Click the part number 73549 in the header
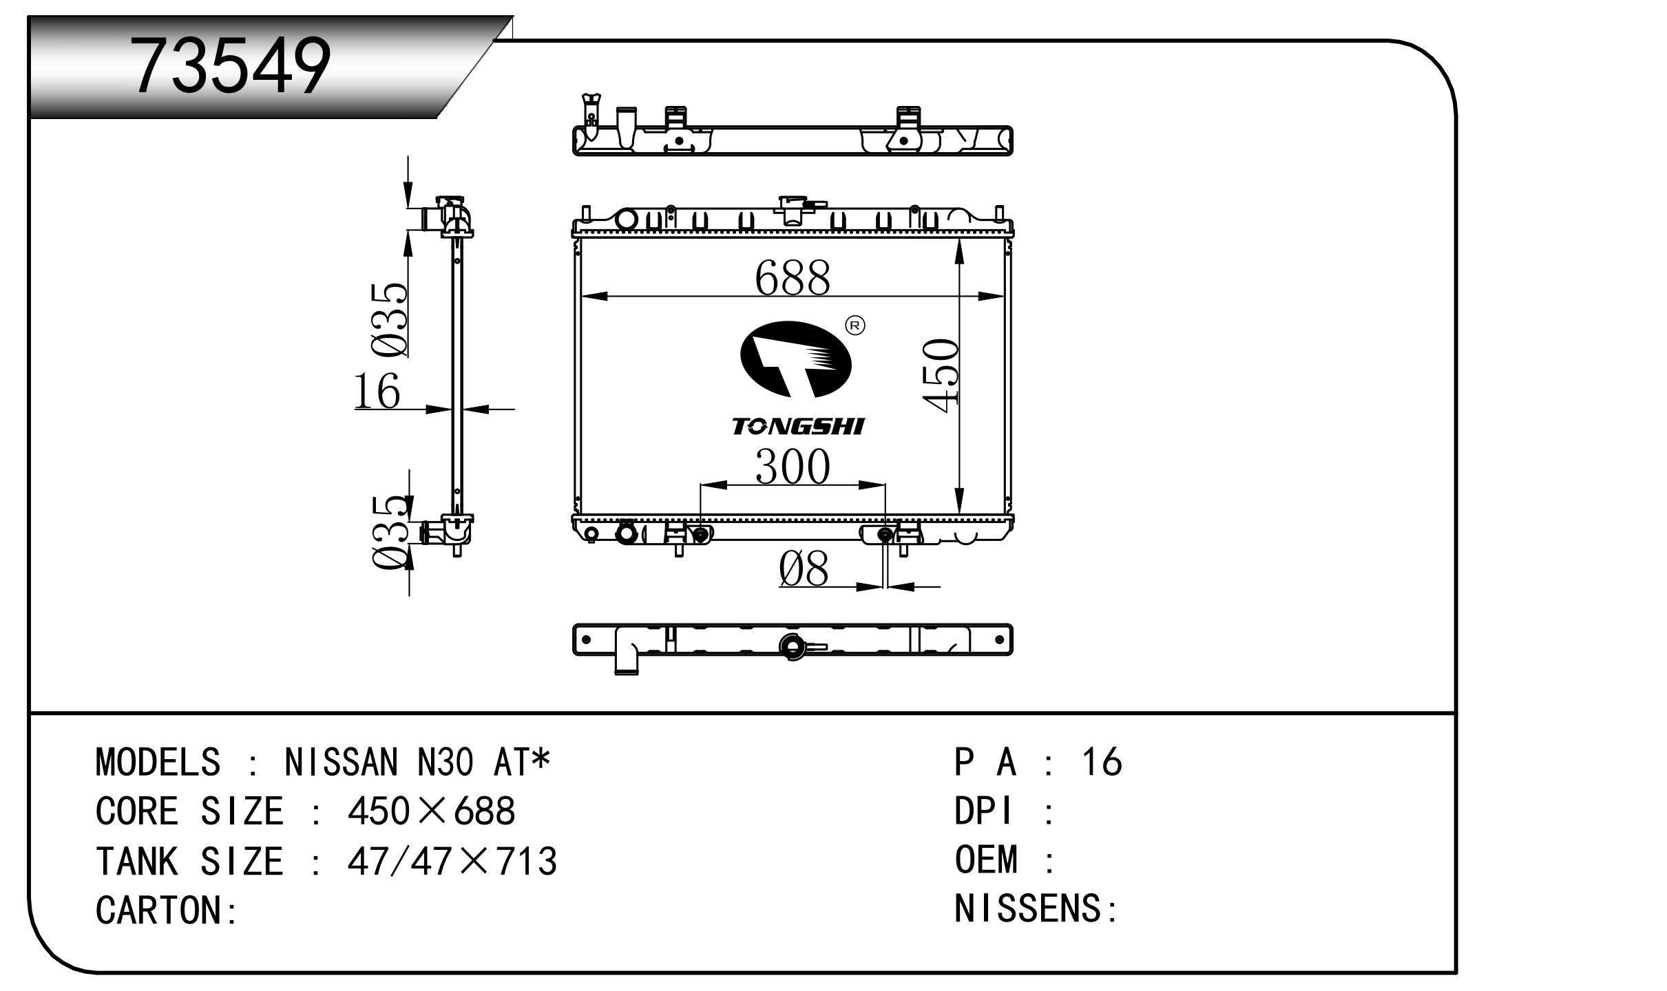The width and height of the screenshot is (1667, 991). pyautogui.click(x=231, y=65)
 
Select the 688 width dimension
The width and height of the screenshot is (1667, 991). pyautogui.click(x=793, y=278)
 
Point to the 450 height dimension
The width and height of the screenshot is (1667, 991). pyautogui.click(x=941, y=376)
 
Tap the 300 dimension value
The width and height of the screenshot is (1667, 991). pyautogui.click(x=793, y=467)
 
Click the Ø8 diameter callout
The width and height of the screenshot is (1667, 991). pyautogui.click(x=804, y=569)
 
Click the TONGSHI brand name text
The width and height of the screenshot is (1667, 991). pyautogui.click(x=797, y=427)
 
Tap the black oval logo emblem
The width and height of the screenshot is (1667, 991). pyautogui.click(x=795, y=359)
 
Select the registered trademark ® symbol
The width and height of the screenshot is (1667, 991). pyautogui.click(x=855, y=326)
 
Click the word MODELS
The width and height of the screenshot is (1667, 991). pyautogui.click(x=158, y=762)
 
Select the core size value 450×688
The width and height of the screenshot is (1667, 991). pyautogui.click(x=432, y=811)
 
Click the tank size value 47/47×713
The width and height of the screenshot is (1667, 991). pyautogui.click(x=452, y=861)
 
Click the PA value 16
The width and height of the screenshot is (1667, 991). pyautogui.click(x=1102, y=762)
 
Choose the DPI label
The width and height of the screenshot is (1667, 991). pyautogui.click(x=983, y=811)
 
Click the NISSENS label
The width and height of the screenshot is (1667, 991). pyautogui.click(x=1029, y=908)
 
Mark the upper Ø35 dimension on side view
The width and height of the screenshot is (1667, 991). pyautogui.click(x=389, y=320)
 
